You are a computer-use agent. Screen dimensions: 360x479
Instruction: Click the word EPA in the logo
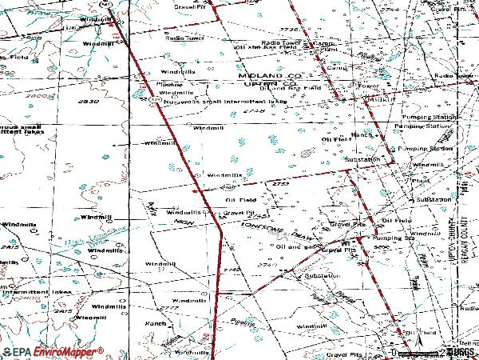[x=20, y=351]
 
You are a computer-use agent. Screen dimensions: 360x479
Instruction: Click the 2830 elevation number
[x=89, y=102]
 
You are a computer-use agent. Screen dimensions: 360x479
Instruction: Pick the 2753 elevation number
[x=280, y=184]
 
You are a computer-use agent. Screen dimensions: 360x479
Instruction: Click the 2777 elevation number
[x=168, y=309]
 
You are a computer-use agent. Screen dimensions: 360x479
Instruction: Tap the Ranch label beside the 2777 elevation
[x=153, y=323]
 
